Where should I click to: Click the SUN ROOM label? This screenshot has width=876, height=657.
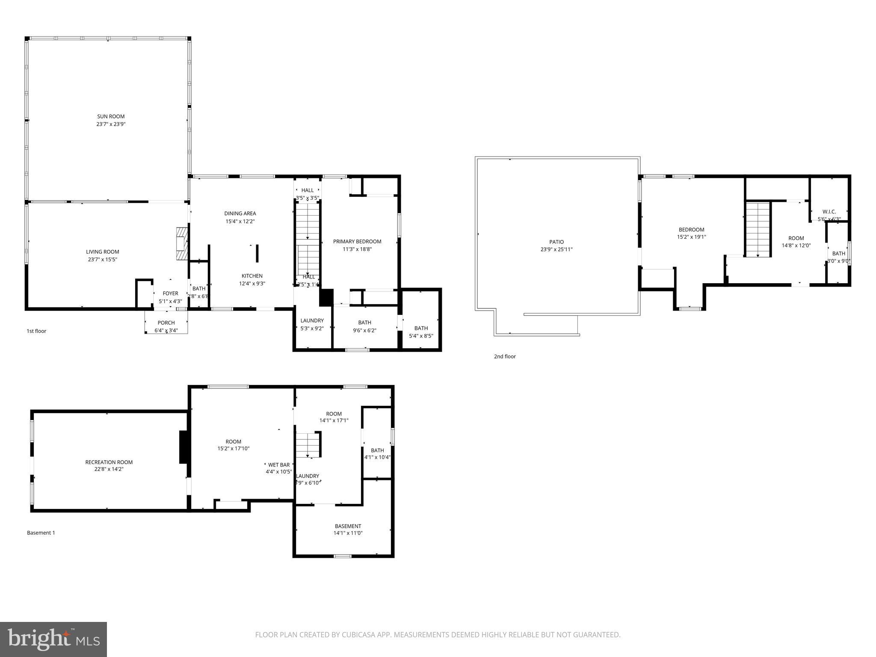pyautogui.click(x=111, y=116)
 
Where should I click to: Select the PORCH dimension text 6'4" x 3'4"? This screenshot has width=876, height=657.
pyautogui.click(x=166, y=330)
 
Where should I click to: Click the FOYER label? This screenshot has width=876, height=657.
pyautogui.click(x=170, y=293)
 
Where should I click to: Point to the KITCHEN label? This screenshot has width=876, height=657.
pyautogui.click(x=252, y=276)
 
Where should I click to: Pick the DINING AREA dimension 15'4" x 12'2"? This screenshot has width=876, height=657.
pyautogui.click(x=240, y=221)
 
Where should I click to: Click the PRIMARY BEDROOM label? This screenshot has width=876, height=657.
pyautogui.click(x=357, y=242)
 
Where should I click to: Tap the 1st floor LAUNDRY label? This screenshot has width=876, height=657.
pyautogui.click(x=312, y=321)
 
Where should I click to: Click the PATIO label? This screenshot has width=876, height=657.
pyautogui.click(x=556, y=242)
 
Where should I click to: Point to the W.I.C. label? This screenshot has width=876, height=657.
pyautogui.click(x=829, y=212)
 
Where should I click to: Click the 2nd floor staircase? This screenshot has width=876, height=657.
pyautogui.click(x=758, y=229)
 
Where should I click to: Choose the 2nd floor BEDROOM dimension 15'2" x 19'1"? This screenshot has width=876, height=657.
pyautogui.click(x=691, y=237)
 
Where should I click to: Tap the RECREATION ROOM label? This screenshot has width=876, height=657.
pyautogui.click(x=109, y=462)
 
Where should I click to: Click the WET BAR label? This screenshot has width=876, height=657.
pyautogui.click(x=279, y=465)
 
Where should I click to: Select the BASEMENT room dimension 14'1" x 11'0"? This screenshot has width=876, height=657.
pyautogui.click(x=348, y=533)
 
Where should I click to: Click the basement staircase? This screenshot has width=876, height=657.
pyautogui.click(x=308, y=445)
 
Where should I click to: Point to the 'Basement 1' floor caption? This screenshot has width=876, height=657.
pyautogui.click(x=41, y=533)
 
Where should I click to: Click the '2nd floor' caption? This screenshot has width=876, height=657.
pyautogui.click(x=505, y=356)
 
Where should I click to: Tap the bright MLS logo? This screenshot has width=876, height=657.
pyautogui.click(x=53, y=639)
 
